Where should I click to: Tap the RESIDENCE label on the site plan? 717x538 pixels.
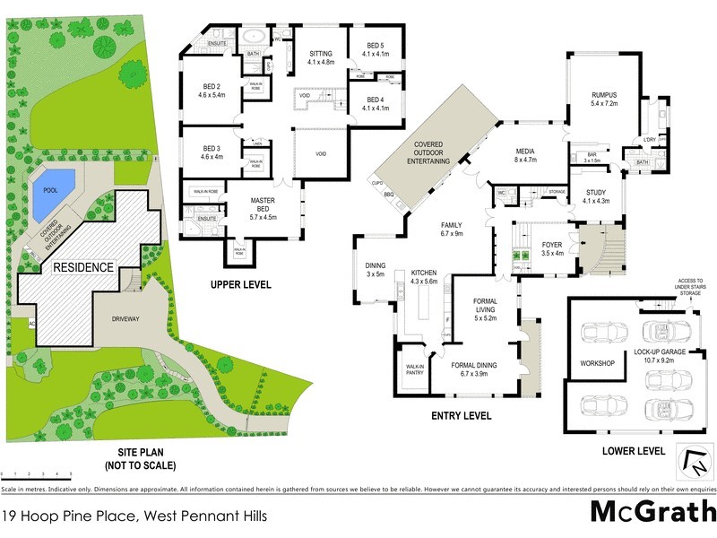83,267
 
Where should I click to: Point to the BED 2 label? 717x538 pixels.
212,90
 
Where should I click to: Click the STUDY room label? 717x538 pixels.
596,197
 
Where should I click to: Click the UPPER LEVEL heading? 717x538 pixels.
240,285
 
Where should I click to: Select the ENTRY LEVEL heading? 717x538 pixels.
462,415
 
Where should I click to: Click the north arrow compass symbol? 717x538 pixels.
690,464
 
